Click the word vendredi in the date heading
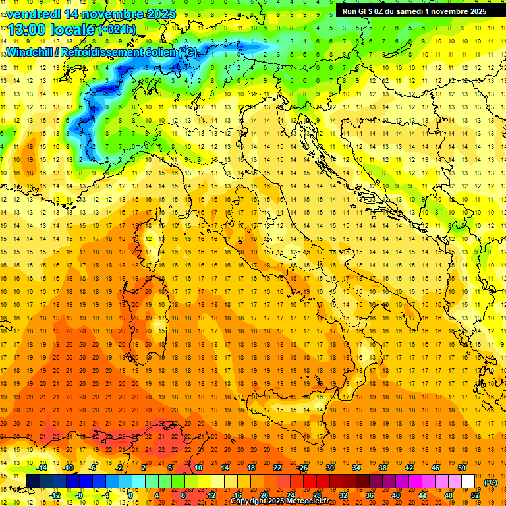pos(32,14)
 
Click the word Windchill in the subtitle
pos(29,52)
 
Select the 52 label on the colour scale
pos(476,495)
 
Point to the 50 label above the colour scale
pos(463,468)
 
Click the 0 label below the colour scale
pos(130,495)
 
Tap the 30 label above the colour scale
pos(329,468)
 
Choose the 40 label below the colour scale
pos(395,495)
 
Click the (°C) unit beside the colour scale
pos(490,482)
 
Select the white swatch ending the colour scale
pos(468,482)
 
